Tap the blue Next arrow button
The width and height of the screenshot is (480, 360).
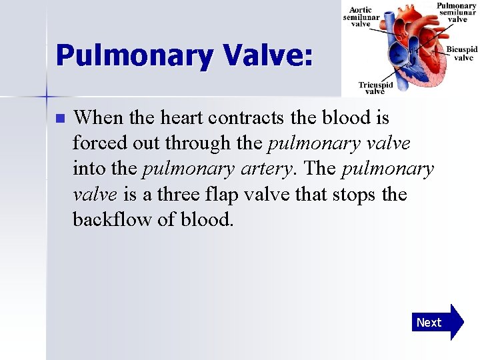pyautogui.click(x=437, y=323)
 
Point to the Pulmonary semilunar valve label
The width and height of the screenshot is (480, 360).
pyautogui.click(x=457, y=13)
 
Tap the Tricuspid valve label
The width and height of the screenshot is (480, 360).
pyautogui.click(x=375, y=88)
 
